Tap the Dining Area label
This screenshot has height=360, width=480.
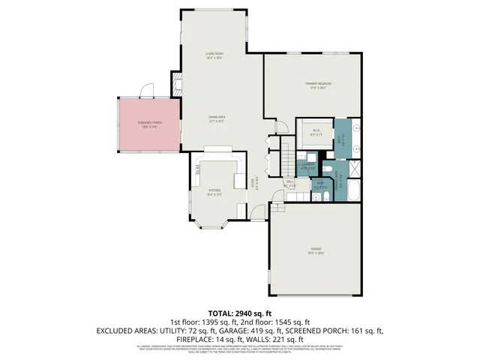217,118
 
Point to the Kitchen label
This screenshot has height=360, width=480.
216,192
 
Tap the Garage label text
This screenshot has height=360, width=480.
316,249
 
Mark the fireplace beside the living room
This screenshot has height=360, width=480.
177,84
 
